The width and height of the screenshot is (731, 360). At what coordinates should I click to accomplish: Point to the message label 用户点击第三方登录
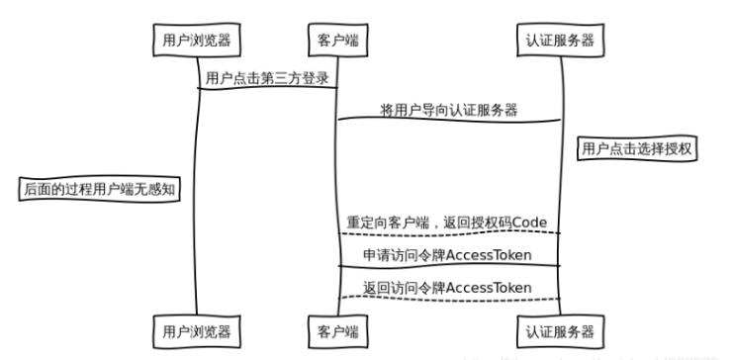point(267,78)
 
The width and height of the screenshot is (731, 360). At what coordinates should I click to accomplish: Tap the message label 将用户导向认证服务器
point(449,110)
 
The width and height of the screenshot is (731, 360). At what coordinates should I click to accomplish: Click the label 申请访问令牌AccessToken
point(449,255)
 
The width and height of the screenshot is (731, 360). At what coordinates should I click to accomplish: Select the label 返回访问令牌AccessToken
point(449,287)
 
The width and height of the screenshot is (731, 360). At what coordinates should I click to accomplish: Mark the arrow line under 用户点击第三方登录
point(267,89)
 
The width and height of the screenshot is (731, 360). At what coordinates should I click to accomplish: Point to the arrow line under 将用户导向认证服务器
point(449,121)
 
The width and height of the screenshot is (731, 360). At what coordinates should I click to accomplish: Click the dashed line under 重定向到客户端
point(449,234)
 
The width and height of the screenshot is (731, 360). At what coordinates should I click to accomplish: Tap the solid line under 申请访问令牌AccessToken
point(449,265)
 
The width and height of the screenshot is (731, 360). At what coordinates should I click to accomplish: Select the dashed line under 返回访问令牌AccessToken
point(449,299)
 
